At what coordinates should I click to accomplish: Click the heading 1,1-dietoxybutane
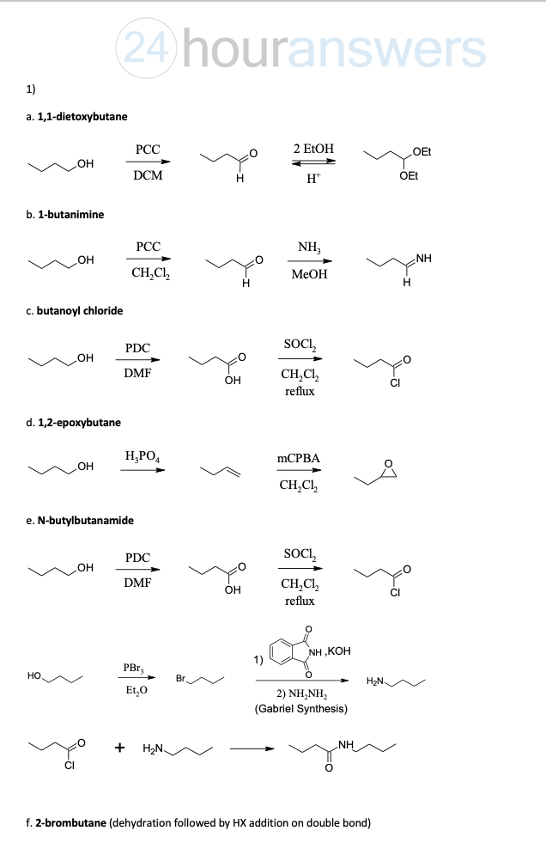(82, 117)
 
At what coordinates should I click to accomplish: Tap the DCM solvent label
(148, 175)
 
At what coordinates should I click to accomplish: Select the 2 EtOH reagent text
(313, 149)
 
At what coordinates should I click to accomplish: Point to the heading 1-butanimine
(70, 215)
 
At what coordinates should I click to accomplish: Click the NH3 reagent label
(309, 247)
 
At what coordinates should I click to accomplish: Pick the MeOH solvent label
(309, 274)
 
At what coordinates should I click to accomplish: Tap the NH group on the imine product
(424, 259)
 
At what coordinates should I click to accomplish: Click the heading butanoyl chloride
(80, 311)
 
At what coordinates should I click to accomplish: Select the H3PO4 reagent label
(142, 456)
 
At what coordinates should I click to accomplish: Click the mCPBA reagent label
(298, 458)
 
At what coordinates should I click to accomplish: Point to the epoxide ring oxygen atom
(388, 463)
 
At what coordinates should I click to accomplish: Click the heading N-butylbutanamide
(86, 521)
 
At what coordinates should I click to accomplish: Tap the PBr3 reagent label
(134, 669)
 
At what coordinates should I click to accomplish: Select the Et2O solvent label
(136, 690)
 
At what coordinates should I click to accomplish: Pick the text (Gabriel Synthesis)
(301, 709)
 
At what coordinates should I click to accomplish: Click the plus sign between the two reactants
(119, 748)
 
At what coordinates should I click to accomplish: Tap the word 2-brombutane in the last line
(71, 823)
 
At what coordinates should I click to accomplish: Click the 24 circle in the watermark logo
(147, 49)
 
